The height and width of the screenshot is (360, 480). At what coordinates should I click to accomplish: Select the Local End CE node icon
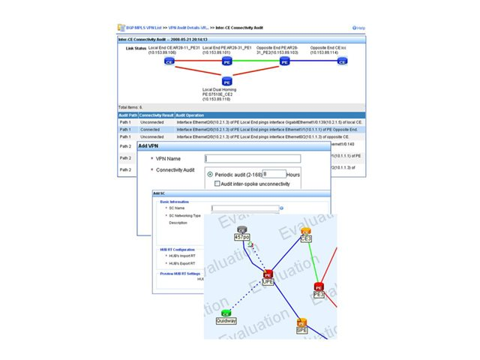click(171, 61)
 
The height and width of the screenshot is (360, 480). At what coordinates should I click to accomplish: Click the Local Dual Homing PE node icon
click(227, 81)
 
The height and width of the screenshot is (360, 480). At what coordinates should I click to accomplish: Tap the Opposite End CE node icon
click(342, 61)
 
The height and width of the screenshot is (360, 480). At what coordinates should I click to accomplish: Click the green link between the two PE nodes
click(256, 61)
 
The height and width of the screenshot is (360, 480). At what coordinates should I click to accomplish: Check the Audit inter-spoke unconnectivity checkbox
click(217, 183)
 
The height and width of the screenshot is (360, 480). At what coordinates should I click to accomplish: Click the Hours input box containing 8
click(274, 174)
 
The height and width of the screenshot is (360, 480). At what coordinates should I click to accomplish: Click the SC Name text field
click(244, 208)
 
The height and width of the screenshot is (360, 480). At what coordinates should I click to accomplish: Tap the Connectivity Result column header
click(157, 115)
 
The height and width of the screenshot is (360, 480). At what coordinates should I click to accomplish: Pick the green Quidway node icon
click(225, 312)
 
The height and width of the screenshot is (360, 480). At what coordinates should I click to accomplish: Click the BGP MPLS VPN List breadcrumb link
click(144, 28)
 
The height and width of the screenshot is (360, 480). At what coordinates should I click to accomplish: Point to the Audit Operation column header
click(192, 115)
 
